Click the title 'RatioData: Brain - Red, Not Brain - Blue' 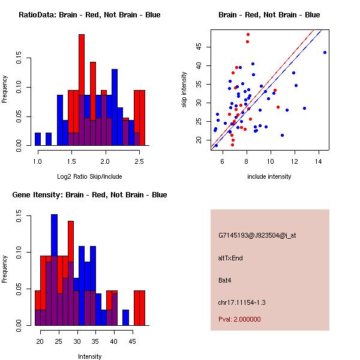pos(89,15)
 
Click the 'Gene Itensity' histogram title pos(89,195)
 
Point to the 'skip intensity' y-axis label pos(184,90)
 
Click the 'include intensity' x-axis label pos(269,176)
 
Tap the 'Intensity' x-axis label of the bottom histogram pos(89,356)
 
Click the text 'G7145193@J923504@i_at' pos(257,235)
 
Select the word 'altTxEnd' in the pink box pos(231,258)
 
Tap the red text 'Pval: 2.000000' pos(239,319)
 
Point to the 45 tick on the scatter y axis pos(199,47)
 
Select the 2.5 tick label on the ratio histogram pos(139,161)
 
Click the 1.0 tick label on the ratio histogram pos(38,161)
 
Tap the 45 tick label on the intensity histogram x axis pos(126,341)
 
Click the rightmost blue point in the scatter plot pos(325,52)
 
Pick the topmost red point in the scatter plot pos(248,35)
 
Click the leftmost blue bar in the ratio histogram pos(38,139)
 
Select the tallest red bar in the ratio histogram pos(82,90)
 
